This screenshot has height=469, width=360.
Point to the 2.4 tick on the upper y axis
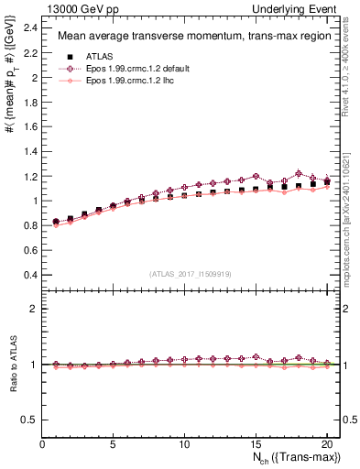click(29, 28)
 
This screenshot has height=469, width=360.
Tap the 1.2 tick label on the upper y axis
click(29, 176)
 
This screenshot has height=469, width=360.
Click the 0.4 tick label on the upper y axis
click(29, 275)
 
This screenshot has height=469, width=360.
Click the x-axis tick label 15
click(256, 445)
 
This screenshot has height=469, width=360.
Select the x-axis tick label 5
click(114, 445)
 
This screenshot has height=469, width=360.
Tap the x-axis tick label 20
click(326, 445)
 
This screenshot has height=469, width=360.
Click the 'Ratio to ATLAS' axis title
click(12, 366)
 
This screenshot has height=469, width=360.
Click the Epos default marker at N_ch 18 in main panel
click(299, 173)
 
